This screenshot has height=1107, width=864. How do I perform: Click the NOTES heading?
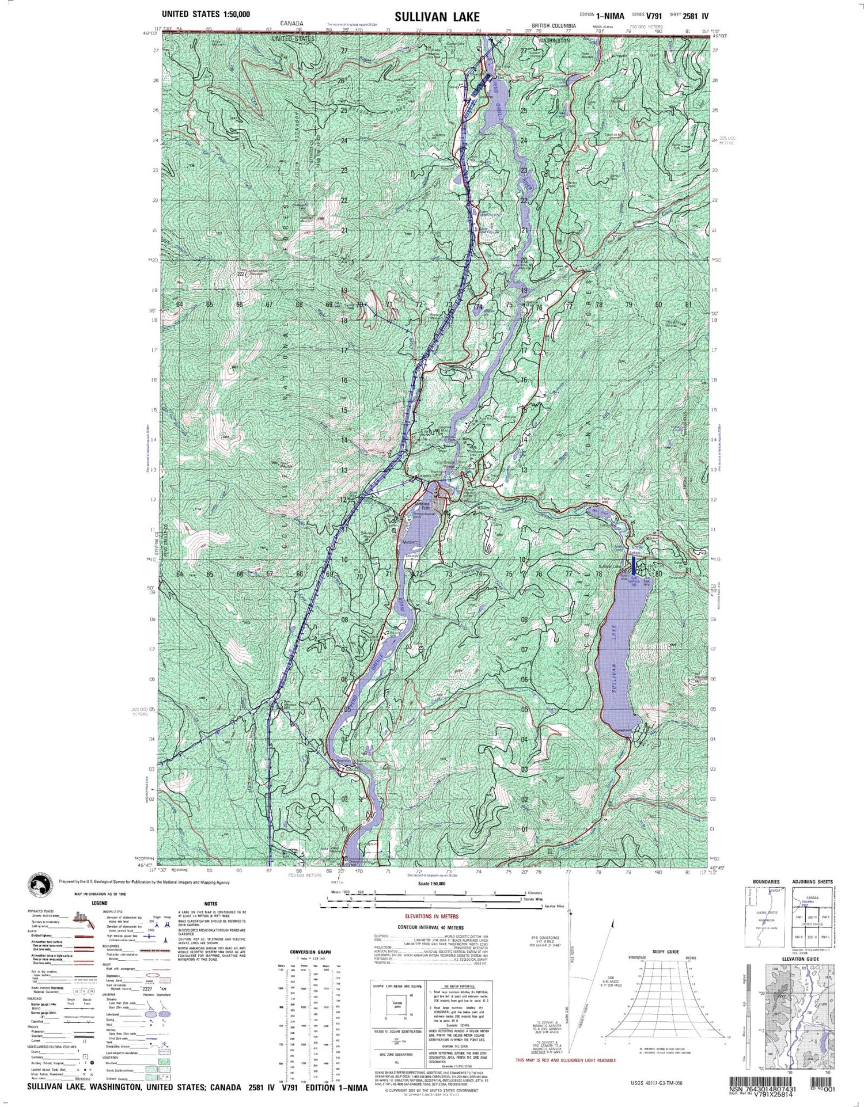(210, 904)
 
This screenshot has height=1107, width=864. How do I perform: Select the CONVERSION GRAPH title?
(310, 952)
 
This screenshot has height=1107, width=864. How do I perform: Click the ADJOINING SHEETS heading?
(812, 882)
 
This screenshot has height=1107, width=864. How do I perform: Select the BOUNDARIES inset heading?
(766, 882)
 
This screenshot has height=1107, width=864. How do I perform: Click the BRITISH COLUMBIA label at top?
(554, 26)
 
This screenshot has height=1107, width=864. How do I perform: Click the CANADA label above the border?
(291, 24)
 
